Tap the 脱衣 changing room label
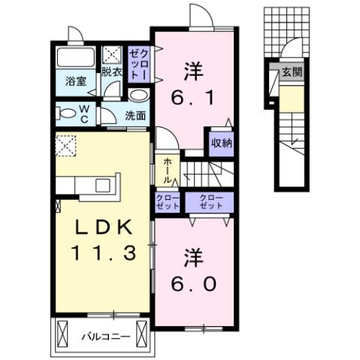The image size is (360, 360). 112,72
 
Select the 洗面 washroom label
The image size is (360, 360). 135,116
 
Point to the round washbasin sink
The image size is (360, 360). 138,95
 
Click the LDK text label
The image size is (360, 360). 103,226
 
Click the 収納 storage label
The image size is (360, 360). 221,142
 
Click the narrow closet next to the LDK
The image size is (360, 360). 166,201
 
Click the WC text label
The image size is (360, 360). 84,114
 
